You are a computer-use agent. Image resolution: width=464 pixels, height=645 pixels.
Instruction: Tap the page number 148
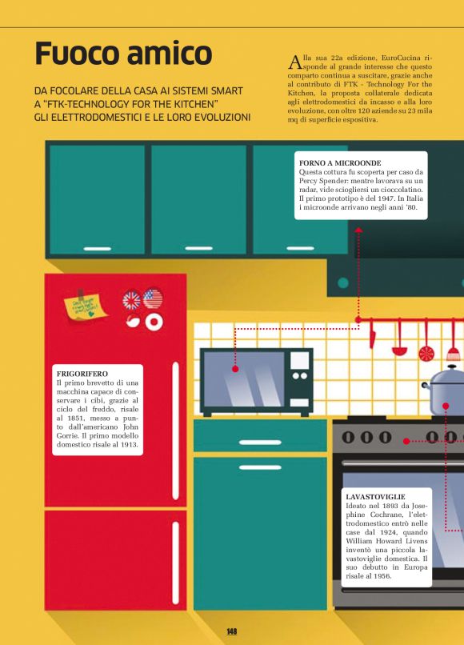click(231, 631)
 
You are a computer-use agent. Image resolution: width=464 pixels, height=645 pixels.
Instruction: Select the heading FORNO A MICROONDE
click(340, 163)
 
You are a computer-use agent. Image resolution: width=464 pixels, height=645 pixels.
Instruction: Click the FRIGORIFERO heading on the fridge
click(82, 374)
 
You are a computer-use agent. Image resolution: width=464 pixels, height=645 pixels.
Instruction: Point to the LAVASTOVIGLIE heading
click(375, 496)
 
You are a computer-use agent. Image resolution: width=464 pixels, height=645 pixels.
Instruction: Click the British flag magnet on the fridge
click(132, 300)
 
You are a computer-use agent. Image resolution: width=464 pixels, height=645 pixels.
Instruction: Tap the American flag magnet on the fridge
click(153, 298)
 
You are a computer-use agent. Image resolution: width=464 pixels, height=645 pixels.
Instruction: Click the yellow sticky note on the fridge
click(85, 306)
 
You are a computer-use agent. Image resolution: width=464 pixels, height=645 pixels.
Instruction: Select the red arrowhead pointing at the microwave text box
click(358, 230)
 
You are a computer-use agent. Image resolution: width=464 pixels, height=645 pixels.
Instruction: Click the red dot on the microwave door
click(235, 369)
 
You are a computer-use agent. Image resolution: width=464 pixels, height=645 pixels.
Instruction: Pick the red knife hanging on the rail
click(372, 334)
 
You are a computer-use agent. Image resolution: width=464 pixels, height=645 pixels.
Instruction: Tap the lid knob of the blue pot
click(452, 367)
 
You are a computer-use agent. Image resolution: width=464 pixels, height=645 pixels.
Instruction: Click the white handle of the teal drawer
click(260, 443)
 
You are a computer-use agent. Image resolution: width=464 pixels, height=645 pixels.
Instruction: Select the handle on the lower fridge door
click(176, 563)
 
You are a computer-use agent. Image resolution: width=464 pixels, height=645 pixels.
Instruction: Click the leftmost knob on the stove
click(348, 437)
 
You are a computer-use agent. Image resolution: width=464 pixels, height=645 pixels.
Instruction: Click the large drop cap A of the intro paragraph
click(295, 62)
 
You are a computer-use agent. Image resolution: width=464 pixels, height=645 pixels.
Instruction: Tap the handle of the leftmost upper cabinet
click(97, 249)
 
